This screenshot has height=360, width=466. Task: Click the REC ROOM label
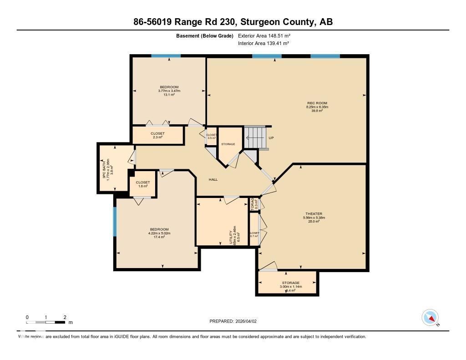[x=317, y=106]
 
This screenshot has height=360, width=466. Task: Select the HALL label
[x=213, y=179]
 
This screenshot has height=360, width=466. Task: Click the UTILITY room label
[x=233, y=235]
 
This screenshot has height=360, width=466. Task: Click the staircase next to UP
[x=254, y=137]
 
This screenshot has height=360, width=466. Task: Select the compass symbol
[x=430, y=317]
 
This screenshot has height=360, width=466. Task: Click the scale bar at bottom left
[x=46, y=322]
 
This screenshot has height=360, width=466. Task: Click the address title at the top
[x=233, y=22]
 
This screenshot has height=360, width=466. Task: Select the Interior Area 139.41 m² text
[x=263, y=43]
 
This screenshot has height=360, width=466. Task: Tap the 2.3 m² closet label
[x=157, y=135]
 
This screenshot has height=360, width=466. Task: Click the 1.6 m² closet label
[x=143, y=184]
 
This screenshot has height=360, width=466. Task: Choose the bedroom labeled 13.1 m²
[x=169, y=91]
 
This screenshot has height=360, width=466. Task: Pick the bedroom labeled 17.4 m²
[x=158, y=233]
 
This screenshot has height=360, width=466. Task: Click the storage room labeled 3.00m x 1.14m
[x=287, y=286]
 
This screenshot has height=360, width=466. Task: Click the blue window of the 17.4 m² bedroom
[x=115, y=222]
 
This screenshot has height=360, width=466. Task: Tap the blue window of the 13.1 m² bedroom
[x=166, y=56]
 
